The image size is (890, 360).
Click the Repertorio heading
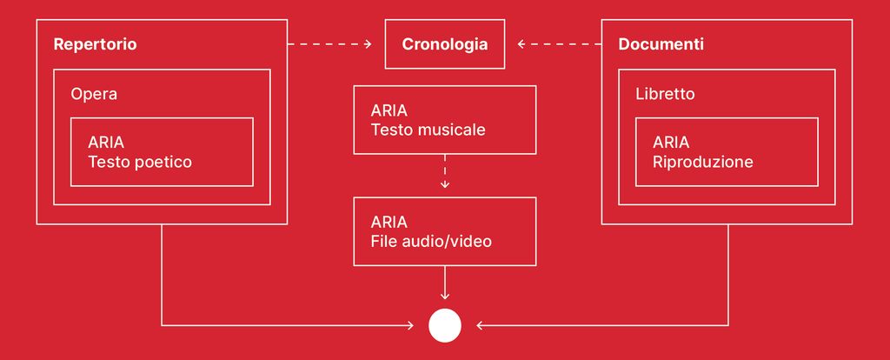click(95, 44)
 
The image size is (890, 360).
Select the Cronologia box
click(444, 44)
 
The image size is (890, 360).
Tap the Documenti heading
click(661, 44)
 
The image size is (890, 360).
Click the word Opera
click(94, 94)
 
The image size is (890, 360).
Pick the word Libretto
click(665, 94)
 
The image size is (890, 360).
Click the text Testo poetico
click(140, 162)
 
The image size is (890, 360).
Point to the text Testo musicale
click(428, 130)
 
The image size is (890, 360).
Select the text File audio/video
click(431, 241)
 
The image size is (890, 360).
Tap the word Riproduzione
click(703, 162)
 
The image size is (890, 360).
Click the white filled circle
click(444, 325)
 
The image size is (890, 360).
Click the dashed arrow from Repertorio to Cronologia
click(330, 43)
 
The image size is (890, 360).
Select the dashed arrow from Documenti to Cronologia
click(558, 43)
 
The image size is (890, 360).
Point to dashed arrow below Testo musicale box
click(445, 171)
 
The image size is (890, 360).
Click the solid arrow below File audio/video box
click(445, 283)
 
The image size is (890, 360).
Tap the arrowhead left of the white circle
click(409, 325)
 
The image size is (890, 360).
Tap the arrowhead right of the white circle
click(480, 325)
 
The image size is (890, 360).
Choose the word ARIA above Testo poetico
click(106, 143)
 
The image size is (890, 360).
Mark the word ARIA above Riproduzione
click(671, 143)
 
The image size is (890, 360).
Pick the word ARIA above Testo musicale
click(389, 111)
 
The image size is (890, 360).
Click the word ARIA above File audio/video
click(389, 222)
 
